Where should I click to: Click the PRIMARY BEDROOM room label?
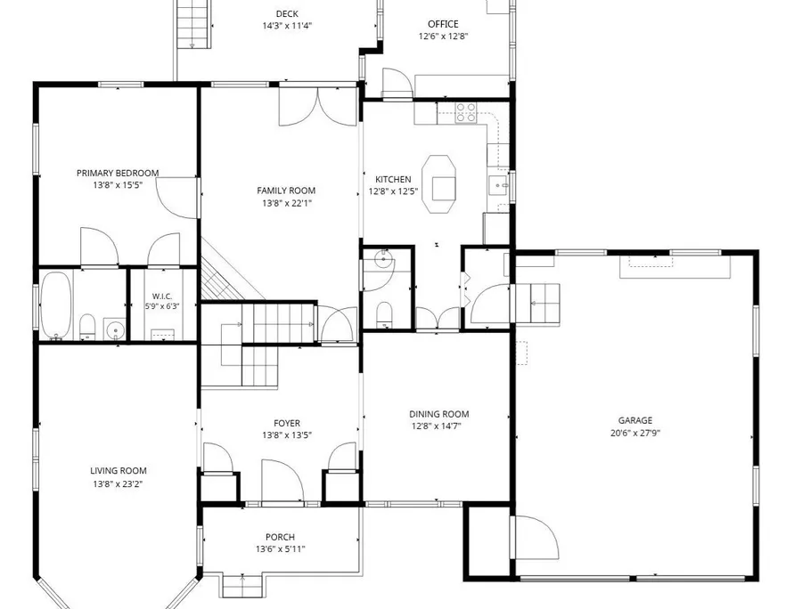(118, 174)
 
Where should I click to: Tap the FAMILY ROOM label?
(286, 191)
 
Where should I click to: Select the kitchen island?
(438, 184)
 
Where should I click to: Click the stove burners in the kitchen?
(466, 112)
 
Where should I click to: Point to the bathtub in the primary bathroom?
(56, 305)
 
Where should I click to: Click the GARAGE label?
(635, 420)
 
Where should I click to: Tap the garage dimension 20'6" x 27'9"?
(635, 434)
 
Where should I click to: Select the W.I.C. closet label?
(162, 296)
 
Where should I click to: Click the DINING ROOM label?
(438, 414)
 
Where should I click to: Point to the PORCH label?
(280, 537)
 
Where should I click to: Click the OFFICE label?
(443, 24)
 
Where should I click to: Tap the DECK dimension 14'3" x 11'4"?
(287, 26)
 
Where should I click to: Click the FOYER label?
(287, 423)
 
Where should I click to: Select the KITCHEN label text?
(393, 179)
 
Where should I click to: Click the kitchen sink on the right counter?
(497, 185)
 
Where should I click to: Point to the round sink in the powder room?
(383, 260)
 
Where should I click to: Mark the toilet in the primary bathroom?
(87, 328)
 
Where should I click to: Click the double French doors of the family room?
(317, 107)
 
